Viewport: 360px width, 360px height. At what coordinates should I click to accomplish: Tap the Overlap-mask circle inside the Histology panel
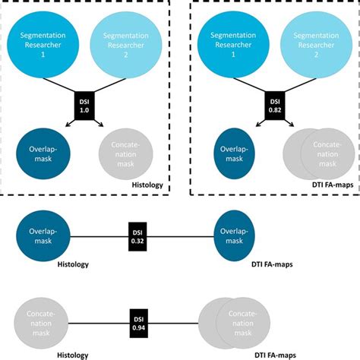coord(44,153)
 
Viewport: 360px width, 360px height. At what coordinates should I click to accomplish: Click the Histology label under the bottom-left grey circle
coord(73,354)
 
